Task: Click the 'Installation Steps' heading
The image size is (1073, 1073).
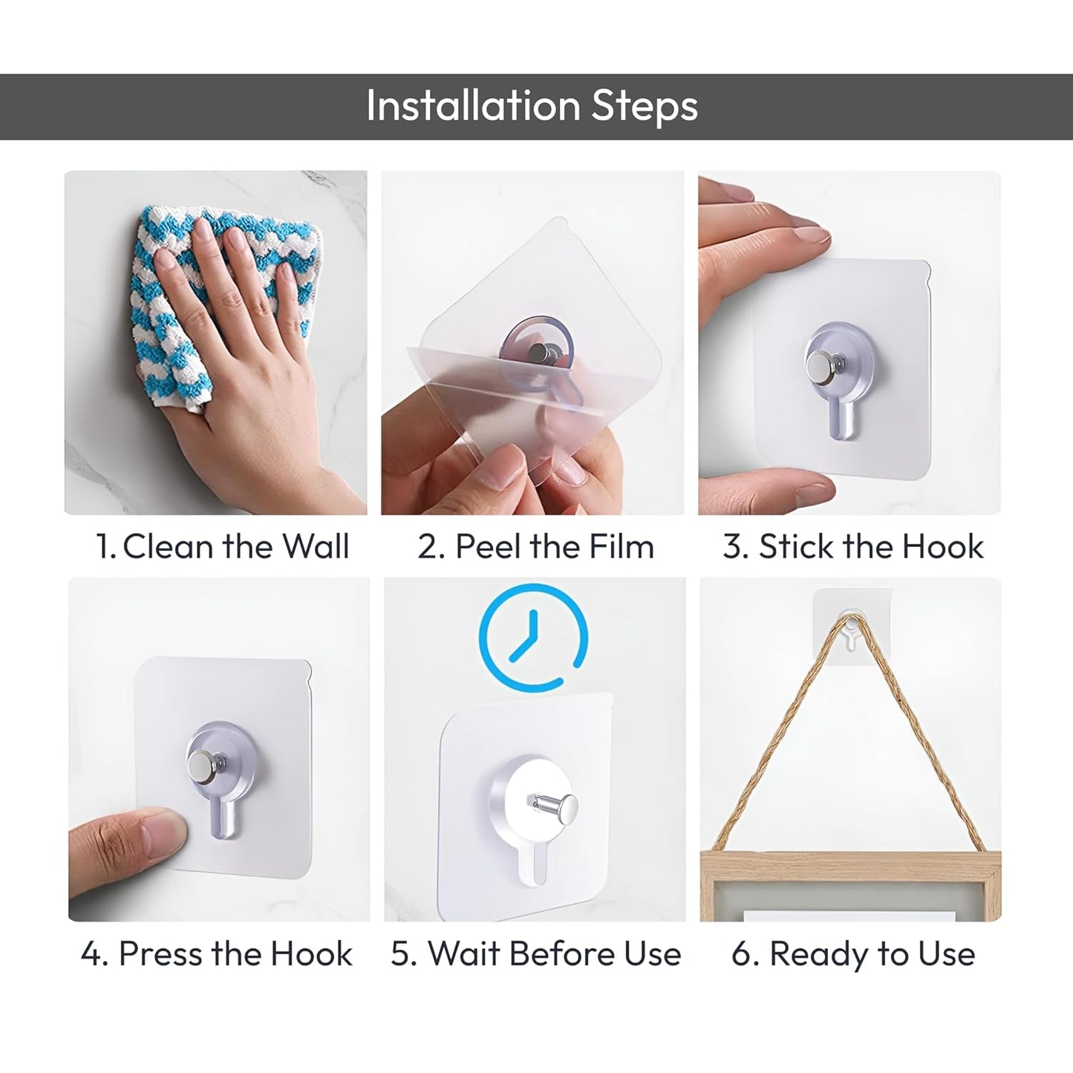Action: click(532, 106)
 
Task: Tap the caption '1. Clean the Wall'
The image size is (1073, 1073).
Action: click(222, 547)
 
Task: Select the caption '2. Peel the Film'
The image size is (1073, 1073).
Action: click(535, 547)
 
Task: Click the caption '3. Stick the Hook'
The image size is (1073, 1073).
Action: click(852, 547)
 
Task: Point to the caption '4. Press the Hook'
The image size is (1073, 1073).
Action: click(216, 953)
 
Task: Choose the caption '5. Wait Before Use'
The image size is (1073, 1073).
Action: click(535, 953)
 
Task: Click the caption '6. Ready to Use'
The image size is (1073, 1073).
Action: click(852, 953)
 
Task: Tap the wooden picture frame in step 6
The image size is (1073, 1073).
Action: click(850, 887)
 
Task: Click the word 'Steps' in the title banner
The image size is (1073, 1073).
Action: click(644, 106)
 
